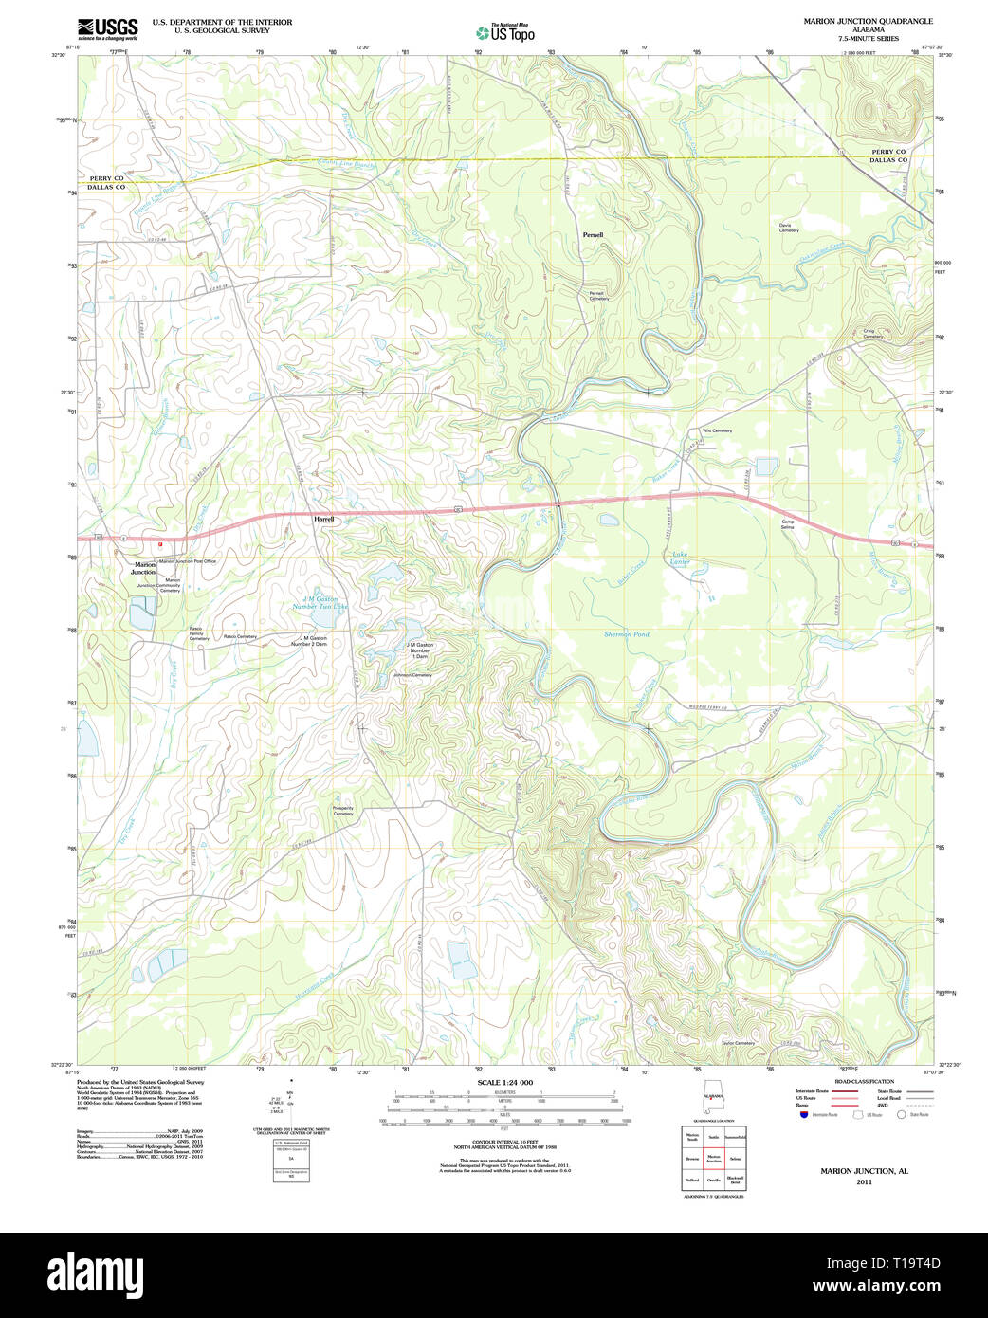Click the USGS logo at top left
[107, 27]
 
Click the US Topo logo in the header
[505, 32]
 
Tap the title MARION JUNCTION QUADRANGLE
[868, 21]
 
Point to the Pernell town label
[593, 234]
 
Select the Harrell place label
[324, 519]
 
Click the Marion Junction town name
[143, 569]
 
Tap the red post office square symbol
[161, 544]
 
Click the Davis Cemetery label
[789, 228]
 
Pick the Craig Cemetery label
[872, 334]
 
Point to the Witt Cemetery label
[717, 430]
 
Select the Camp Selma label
[787, 523]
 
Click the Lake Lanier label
[681, 558]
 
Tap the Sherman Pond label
[627, 633]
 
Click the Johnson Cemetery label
[412, 675]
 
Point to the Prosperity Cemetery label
[343, 811]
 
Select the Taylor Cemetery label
[738, 1043]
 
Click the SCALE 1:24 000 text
[504, 1082]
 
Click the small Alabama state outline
[712, 1104]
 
